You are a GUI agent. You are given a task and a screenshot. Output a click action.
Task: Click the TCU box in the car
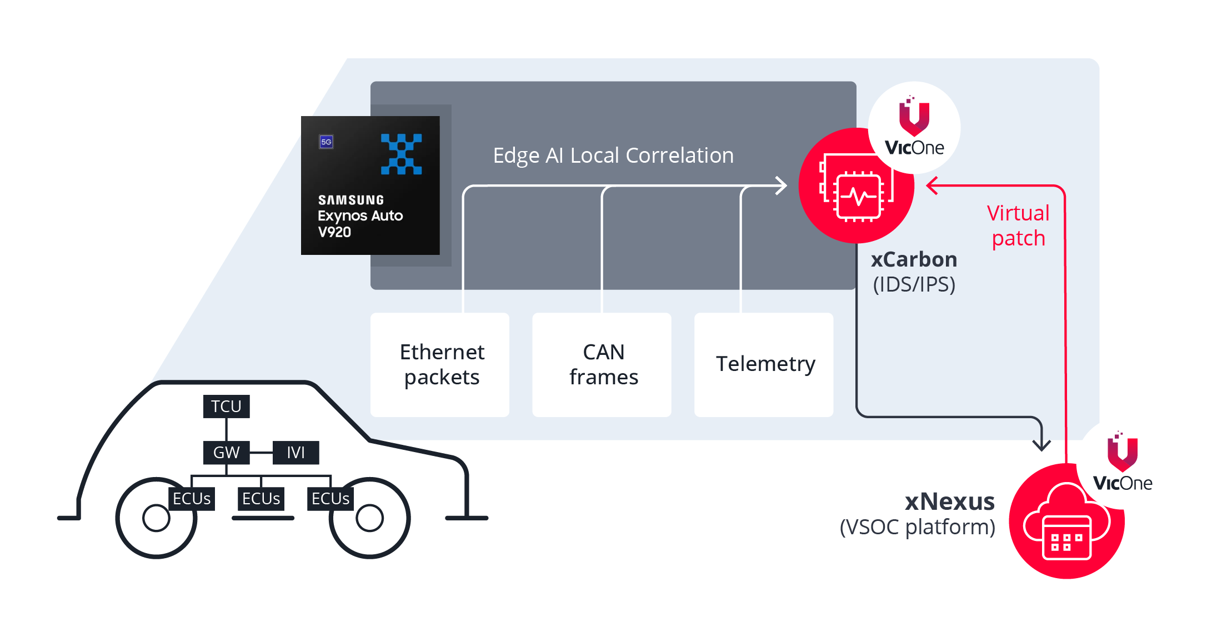click(226, 407)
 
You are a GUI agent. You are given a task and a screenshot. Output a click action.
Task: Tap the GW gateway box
click(226, 453)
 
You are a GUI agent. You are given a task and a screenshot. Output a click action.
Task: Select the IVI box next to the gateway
click(296, 453)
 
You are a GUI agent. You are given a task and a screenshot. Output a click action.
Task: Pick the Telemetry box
click(764, 365)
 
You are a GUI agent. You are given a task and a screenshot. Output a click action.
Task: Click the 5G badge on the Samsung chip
click(326, 142)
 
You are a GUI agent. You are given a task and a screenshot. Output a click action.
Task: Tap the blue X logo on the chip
click(401, 154)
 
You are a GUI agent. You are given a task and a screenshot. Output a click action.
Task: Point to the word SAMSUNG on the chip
click(351, 200)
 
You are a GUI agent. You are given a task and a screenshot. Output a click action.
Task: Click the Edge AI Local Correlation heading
click(613, 156)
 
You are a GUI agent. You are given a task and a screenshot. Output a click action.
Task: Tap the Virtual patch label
click(1018, 225)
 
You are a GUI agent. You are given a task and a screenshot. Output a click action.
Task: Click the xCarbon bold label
click(914, 259)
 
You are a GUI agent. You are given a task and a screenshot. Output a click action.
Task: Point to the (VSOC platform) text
click(917, 527)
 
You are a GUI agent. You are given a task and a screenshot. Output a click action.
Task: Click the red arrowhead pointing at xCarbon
click(931, 185)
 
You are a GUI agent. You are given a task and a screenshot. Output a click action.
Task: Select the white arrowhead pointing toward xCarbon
click(782, 185)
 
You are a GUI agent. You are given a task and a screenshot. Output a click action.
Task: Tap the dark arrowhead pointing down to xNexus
click(1041, 445)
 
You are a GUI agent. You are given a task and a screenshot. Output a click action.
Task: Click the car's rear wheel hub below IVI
click(369, 518)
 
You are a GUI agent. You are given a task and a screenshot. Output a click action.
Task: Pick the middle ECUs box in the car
click(261, 499)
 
